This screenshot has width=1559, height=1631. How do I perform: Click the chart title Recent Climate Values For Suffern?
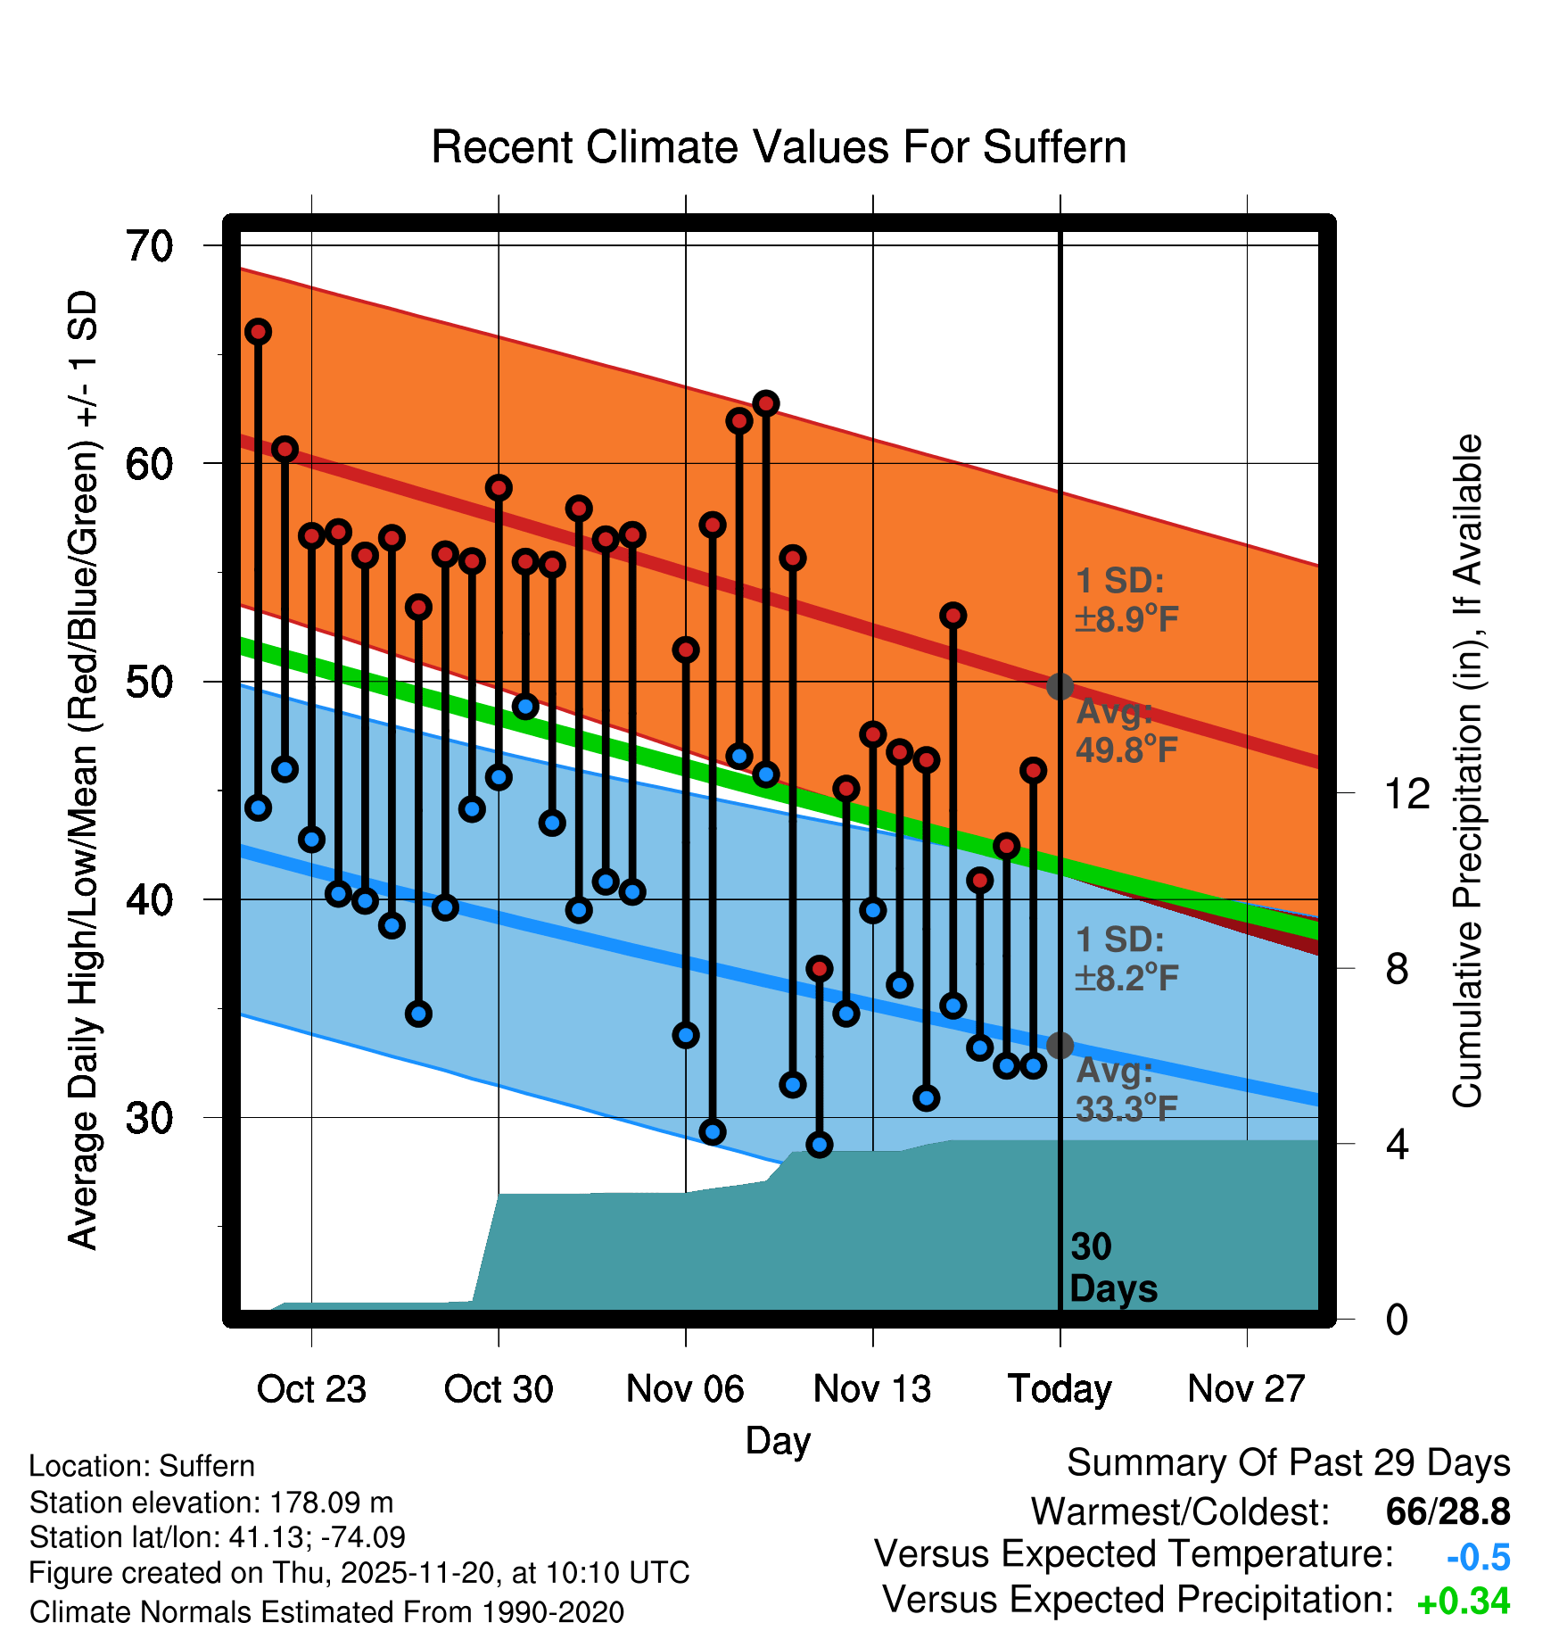[778, 147]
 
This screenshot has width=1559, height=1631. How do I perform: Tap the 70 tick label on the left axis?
[149, 246]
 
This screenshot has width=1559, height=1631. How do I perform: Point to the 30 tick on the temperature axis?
[149, 1118]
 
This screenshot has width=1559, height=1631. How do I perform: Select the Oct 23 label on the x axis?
[311, 1389]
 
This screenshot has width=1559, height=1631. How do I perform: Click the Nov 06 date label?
[685, 1389]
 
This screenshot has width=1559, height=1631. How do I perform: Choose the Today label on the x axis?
[1060, 1389]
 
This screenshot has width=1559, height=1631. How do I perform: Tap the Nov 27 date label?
[1246, 1389]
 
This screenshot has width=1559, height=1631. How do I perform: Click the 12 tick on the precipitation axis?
[1406, 793]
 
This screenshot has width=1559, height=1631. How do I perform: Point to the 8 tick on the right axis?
[1397, 969]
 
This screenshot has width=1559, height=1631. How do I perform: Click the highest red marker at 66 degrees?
[258, 332]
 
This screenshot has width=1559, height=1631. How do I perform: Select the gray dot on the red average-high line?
[1060, 686]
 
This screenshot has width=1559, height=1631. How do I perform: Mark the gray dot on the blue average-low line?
[1060, 1045]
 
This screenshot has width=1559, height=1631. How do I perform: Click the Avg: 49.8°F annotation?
[1126, 732]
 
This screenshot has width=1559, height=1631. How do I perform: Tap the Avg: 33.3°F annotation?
[1126, 1090]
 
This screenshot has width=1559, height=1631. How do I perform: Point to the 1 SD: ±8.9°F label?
[1126, 600]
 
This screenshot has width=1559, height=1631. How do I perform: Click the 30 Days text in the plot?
[1112, 1268]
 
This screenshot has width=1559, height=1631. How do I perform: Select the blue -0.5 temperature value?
[1478, 1557]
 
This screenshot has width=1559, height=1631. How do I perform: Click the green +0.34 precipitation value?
[1463, 1602]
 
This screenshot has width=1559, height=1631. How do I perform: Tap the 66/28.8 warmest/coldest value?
[1448, 1511]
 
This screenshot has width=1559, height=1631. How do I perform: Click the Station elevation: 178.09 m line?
[211, 1503]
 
